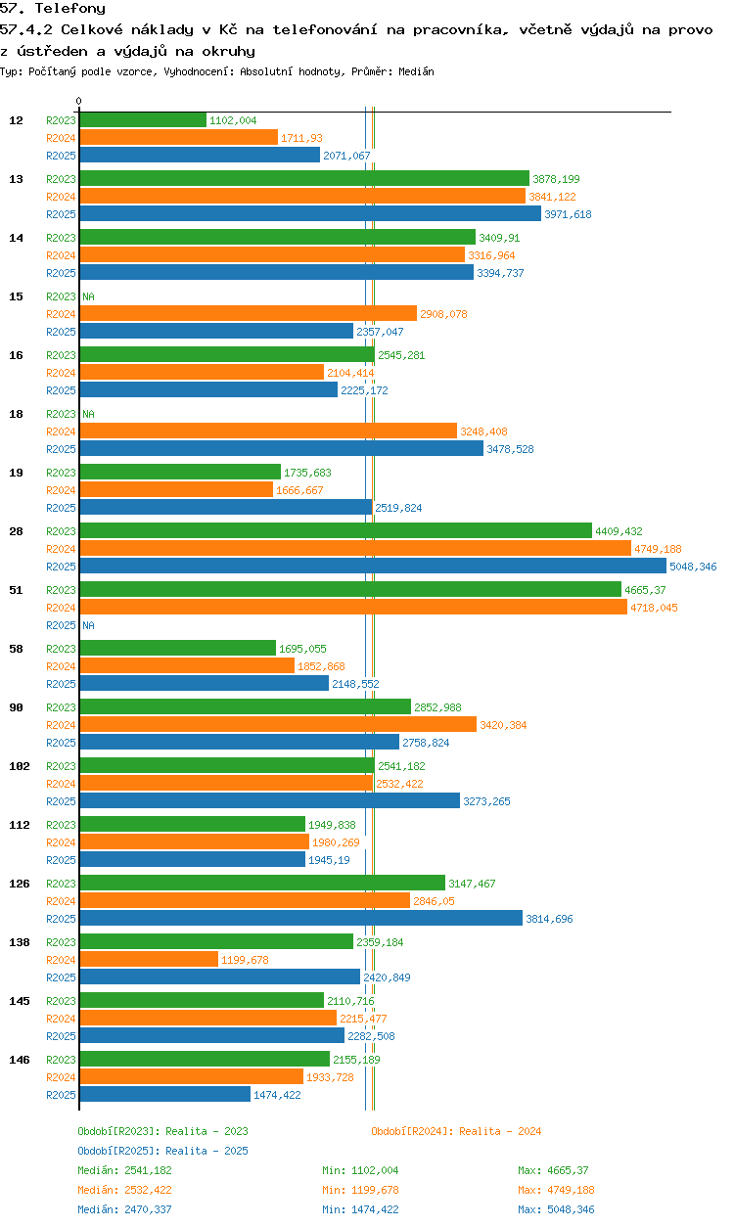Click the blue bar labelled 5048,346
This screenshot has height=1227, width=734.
pos(373,566)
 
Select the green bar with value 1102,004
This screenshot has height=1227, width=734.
pos(143,119)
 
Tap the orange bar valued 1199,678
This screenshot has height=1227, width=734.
pos(149,959)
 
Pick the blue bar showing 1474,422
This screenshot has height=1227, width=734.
pos(164,1095)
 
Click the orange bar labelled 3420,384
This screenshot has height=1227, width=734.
pos(278,725)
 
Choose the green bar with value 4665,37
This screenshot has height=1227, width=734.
pos(350,589)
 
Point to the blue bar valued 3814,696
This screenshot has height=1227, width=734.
pos(301,918)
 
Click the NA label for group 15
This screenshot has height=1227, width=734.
pos(88,296)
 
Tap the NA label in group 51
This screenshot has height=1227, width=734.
pos(88,625)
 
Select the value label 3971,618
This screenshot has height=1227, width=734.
pos(568,214)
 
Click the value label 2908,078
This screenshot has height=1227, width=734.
pos(443,314)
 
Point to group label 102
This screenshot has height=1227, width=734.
pos(20,766)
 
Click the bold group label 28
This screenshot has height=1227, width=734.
pos(16,530)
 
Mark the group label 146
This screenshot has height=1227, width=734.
pos(20,1060)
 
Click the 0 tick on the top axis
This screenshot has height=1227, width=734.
pos(79,101)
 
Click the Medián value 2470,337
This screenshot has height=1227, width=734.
pos(148,1209)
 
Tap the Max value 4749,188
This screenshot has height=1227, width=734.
pos(571,1190)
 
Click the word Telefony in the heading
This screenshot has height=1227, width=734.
pos(70,9)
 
